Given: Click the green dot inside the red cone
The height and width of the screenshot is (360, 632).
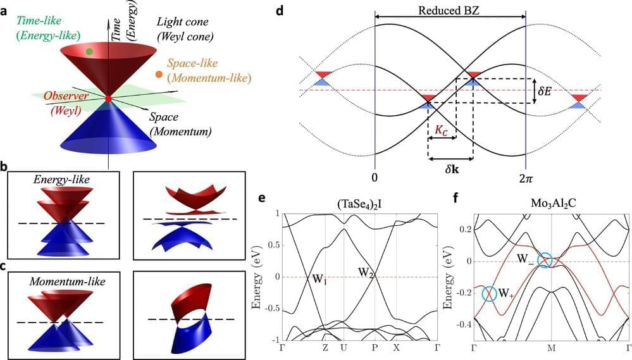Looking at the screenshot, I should (x=89, y=51).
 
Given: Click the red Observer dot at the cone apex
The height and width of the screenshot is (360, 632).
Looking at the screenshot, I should (x=108, y=99).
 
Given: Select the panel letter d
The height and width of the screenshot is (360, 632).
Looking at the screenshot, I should (x=297, y=11).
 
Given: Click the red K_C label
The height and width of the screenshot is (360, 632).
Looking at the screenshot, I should (x=442, y=129).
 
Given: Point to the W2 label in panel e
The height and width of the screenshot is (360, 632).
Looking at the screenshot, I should (x=367, y=272).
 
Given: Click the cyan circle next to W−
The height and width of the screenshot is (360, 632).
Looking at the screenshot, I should (x=544, y=259).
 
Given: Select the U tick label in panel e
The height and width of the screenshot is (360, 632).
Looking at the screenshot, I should (x=343, y=348).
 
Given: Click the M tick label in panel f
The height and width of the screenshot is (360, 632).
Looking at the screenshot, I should (x=552, y=348).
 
